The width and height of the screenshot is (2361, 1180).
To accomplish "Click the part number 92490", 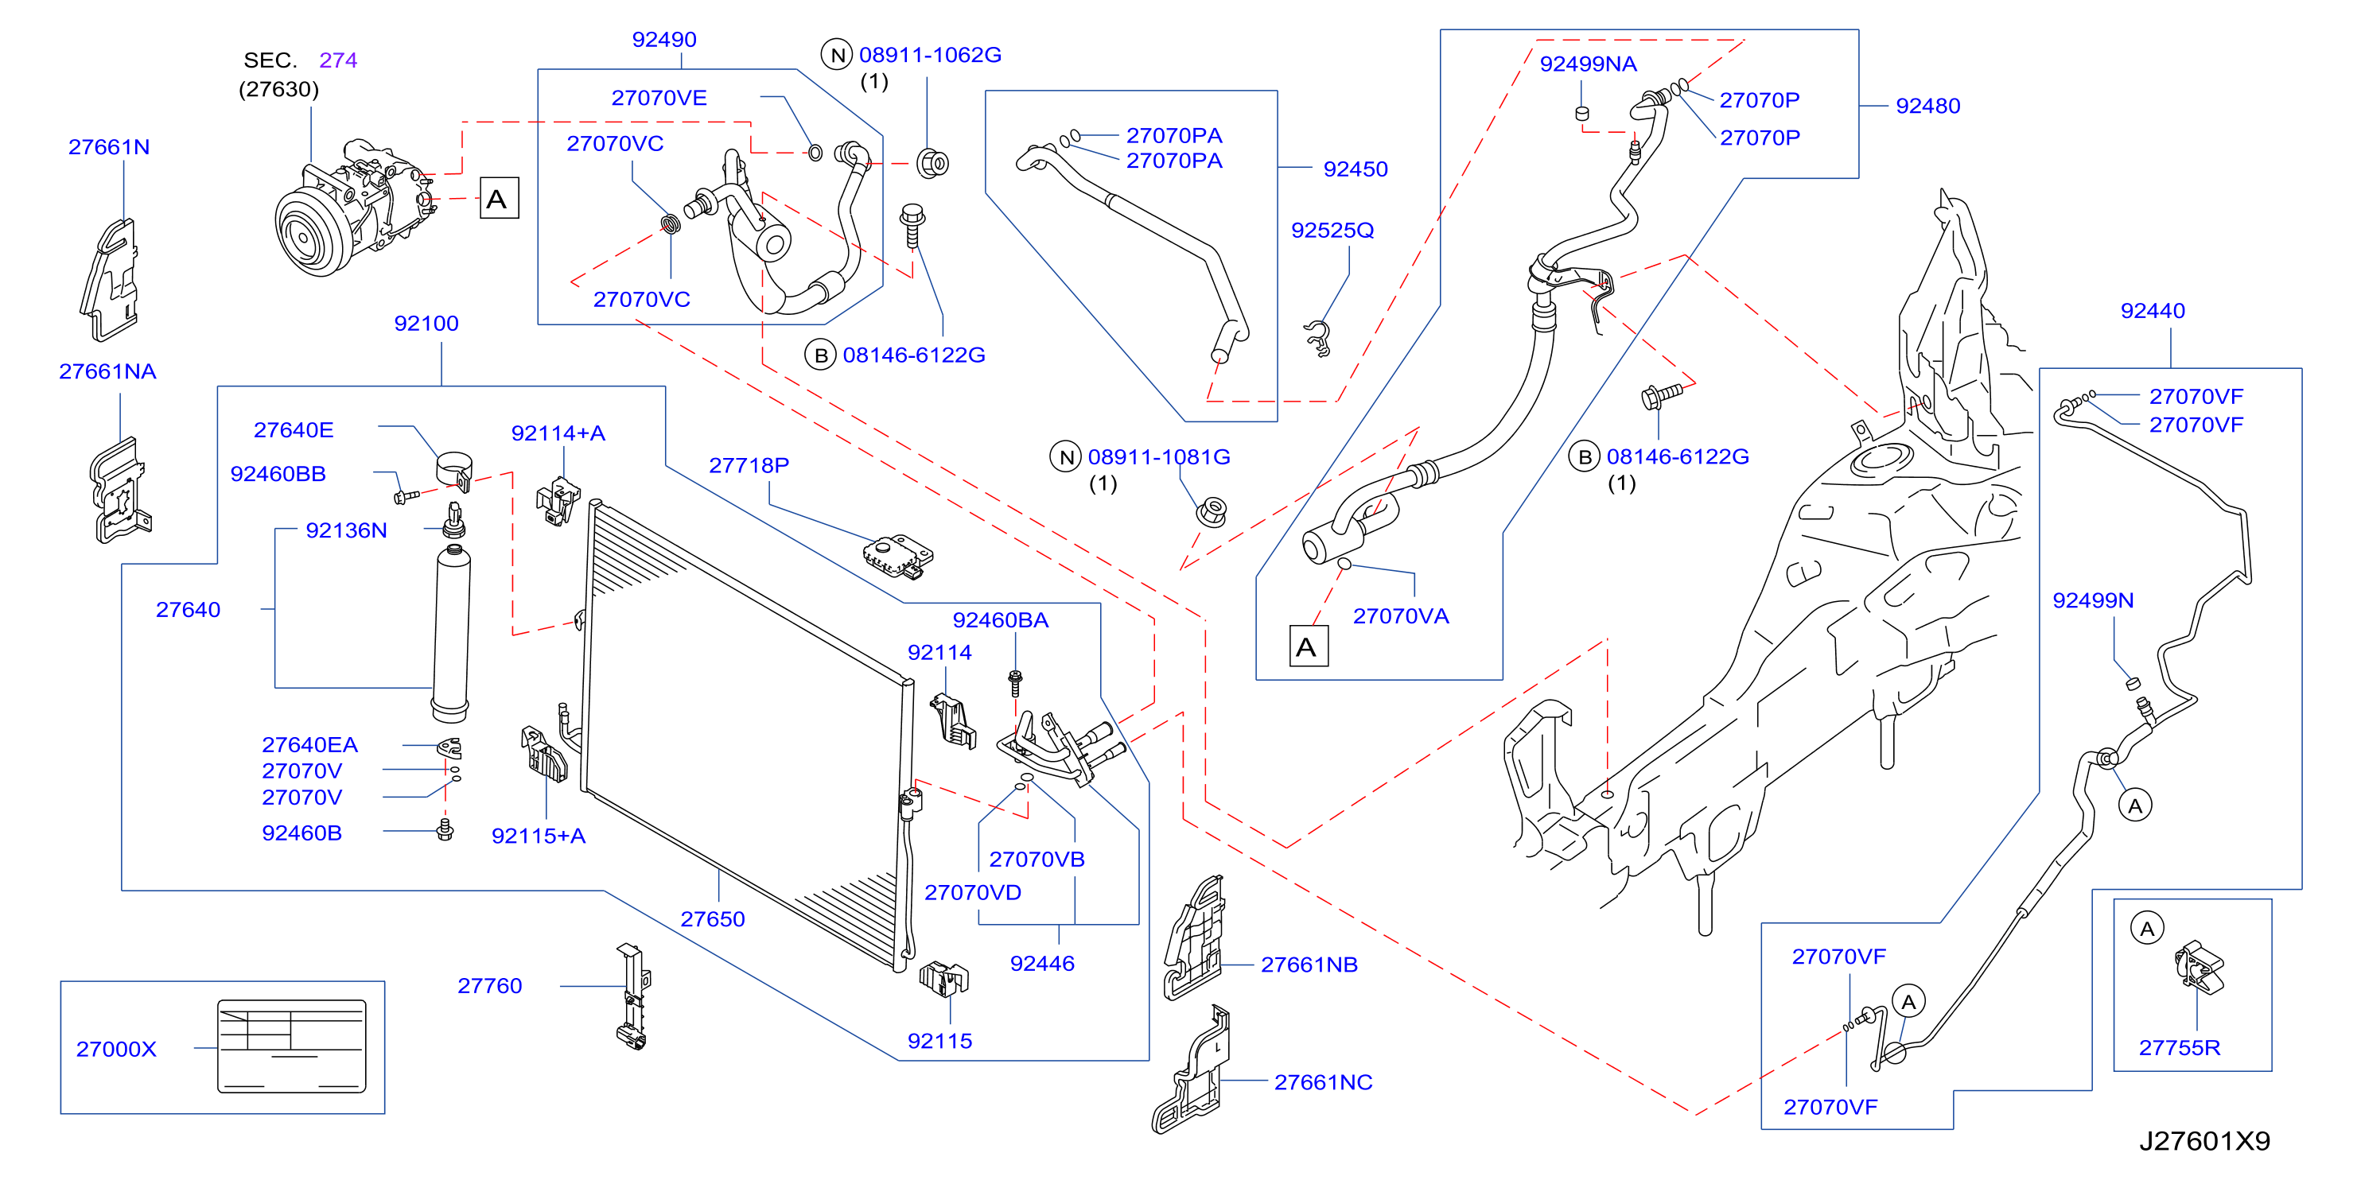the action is (x=663, y=40).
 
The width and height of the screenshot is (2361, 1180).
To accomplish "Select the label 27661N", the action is (x=109, y=146).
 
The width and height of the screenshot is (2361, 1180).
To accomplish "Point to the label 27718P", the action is (x=749, y=465).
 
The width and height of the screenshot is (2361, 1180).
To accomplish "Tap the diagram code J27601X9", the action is (x=2204, y=1140).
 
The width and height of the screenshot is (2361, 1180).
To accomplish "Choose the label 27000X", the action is (x=116, y=1049).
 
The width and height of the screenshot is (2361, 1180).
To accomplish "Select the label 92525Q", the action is (x=1332, y=230).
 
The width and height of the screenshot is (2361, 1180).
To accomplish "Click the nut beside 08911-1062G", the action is (x=932, y=163).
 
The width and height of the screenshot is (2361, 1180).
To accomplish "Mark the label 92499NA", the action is (x=1589, y=64).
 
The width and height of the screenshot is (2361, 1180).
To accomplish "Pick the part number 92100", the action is (x=426, y=324).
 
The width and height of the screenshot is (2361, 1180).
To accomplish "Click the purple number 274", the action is (x=338, y=60).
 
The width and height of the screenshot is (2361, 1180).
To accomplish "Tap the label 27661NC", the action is (x=1324, y=1082).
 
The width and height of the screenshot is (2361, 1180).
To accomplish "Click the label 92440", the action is (x=2153, y=311).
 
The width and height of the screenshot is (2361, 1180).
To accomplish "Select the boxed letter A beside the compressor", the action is (x=499, y=198).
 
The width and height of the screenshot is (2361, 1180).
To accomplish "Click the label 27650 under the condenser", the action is (x=712, y=919).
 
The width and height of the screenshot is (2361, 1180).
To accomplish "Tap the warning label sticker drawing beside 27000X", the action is (x=291, y=1046).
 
